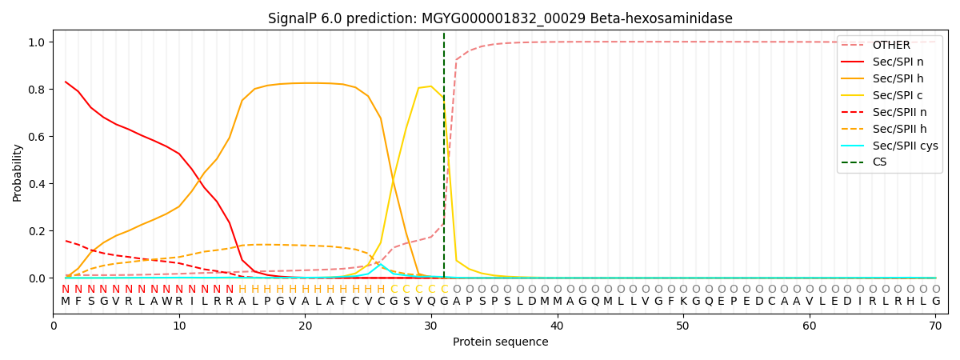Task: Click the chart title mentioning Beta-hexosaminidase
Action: [500, 18]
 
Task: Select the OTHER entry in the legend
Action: [890, 46]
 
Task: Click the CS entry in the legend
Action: [879, 162]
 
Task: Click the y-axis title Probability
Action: [18, 172]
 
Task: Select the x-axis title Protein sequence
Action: [500, 342]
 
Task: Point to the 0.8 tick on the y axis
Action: [37, 90]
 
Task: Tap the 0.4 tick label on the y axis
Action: [37, 184]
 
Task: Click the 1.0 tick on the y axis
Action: [37, 42]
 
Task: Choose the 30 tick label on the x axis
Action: [431, 326]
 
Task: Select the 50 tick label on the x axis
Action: [682, 326]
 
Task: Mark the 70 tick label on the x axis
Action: [935, 326]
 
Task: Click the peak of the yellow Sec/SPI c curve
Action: [430, 86]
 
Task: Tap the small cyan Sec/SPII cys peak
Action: [381, 264]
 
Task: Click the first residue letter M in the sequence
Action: [66, 302]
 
